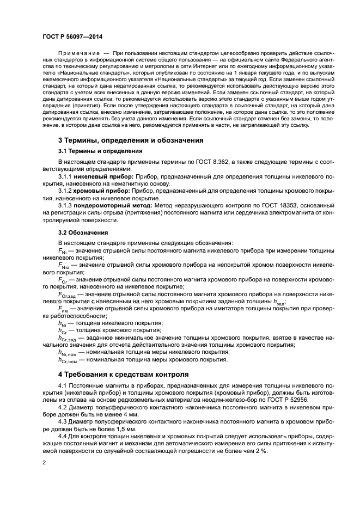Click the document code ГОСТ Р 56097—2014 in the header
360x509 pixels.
tap(68, 34)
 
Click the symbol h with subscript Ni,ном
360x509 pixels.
tap(67, 352)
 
